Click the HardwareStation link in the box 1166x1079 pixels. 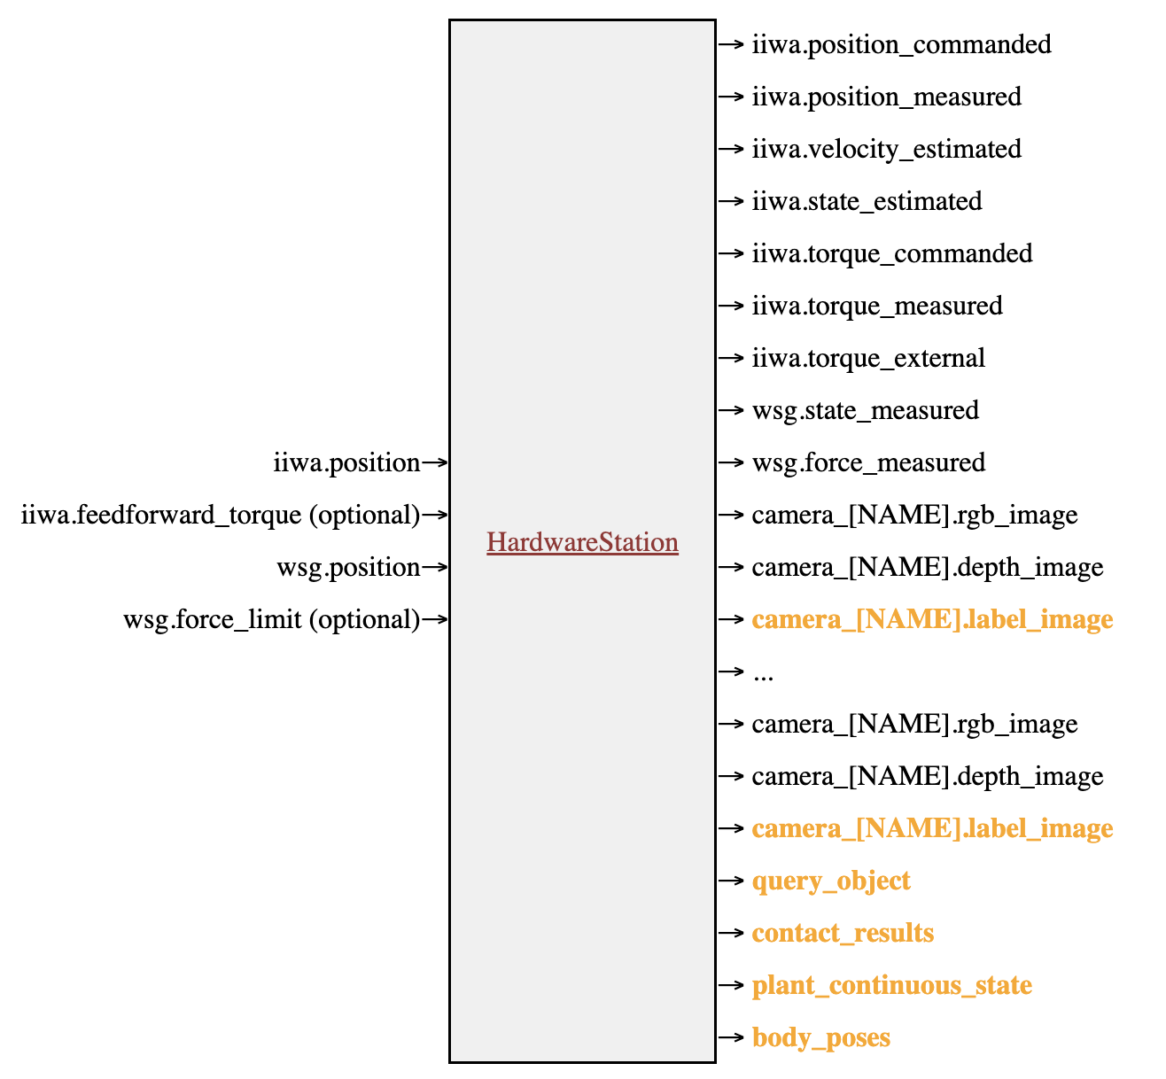(582, 542)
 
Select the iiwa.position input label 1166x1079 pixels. (346, 462)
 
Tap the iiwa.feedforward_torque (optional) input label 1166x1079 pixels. (221, 515)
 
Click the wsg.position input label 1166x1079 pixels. (348, 567)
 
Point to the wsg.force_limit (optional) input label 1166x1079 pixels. (271, 619)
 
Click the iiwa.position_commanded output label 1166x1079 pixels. (901, 44)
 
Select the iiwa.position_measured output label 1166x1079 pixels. (886, 97)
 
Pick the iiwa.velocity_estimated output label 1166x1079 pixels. (886, 149)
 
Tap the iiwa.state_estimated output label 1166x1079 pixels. (867, 201)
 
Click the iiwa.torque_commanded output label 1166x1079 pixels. (891, 253)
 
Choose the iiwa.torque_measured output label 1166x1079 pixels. (877, 306)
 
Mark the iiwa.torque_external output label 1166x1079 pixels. (868, 358)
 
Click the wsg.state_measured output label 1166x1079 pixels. (865, 410)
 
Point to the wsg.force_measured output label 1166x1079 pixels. (868, 462)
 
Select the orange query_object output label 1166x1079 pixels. (830, 881)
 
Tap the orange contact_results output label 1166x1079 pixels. (843, 933)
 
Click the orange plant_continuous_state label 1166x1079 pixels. (891, 985)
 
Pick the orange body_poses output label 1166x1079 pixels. (820, 1037)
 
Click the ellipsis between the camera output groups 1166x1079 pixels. (762, 674)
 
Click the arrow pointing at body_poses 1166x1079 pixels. (730, 1037)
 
